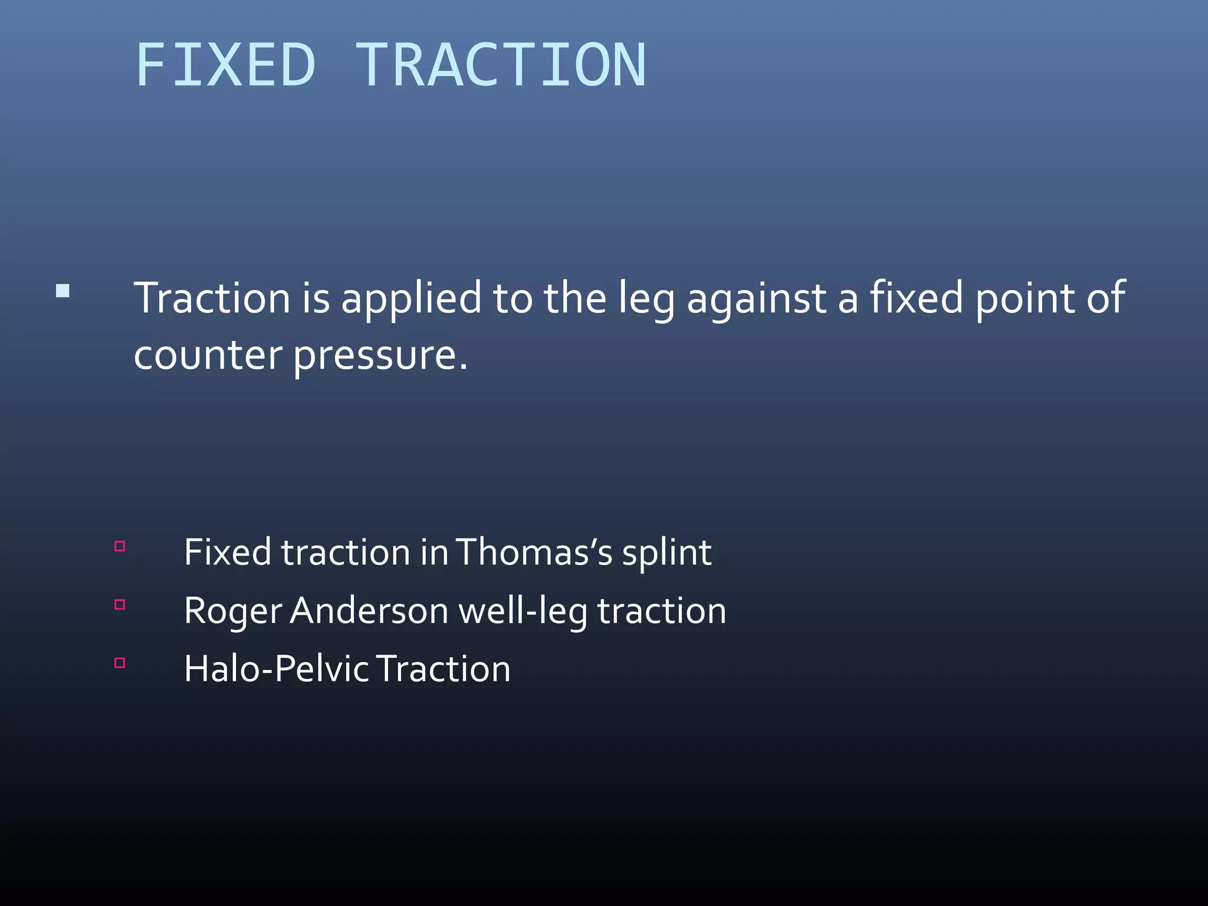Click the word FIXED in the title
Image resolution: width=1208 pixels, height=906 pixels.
pyautogui.click(x=225, y=65)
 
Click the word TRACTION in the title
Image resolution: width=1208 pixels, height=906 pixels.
pyautogui.click(x=501, y=65)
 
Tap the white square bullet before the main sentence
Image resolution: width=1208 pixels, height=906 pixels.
pyautogui.click(x=63, y=291)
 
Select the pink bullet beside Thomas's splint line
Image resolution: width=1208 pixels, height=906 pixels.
pyautogui.click(x=120, y=546)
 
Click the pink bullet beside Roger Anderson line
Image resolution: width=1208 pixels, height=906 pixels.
pyautogui.click(x=120, y=605)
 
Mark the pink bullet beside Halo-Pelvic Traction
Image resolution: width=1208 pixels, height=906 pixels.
pyautogui.click(x=120, y=663)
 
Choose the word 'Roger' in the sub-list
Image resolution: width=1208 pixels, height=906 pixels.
pyautogui.click(x=233, y=612)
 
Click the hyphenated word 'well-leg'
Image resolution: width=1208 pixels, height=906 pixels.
pyautogui.click(x=523, y=612)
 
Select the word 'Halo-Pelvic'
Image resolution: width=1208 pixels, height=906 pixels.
pyautogui.click(x=276, y=669)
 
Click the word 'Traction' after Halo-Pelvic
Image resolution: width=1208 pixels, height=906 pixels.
pyautogui.click(x=444, y=669)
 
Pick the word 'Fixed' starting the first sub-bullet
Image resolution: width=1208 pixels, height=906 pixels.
pyautogui.click(x=228, y=553)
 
